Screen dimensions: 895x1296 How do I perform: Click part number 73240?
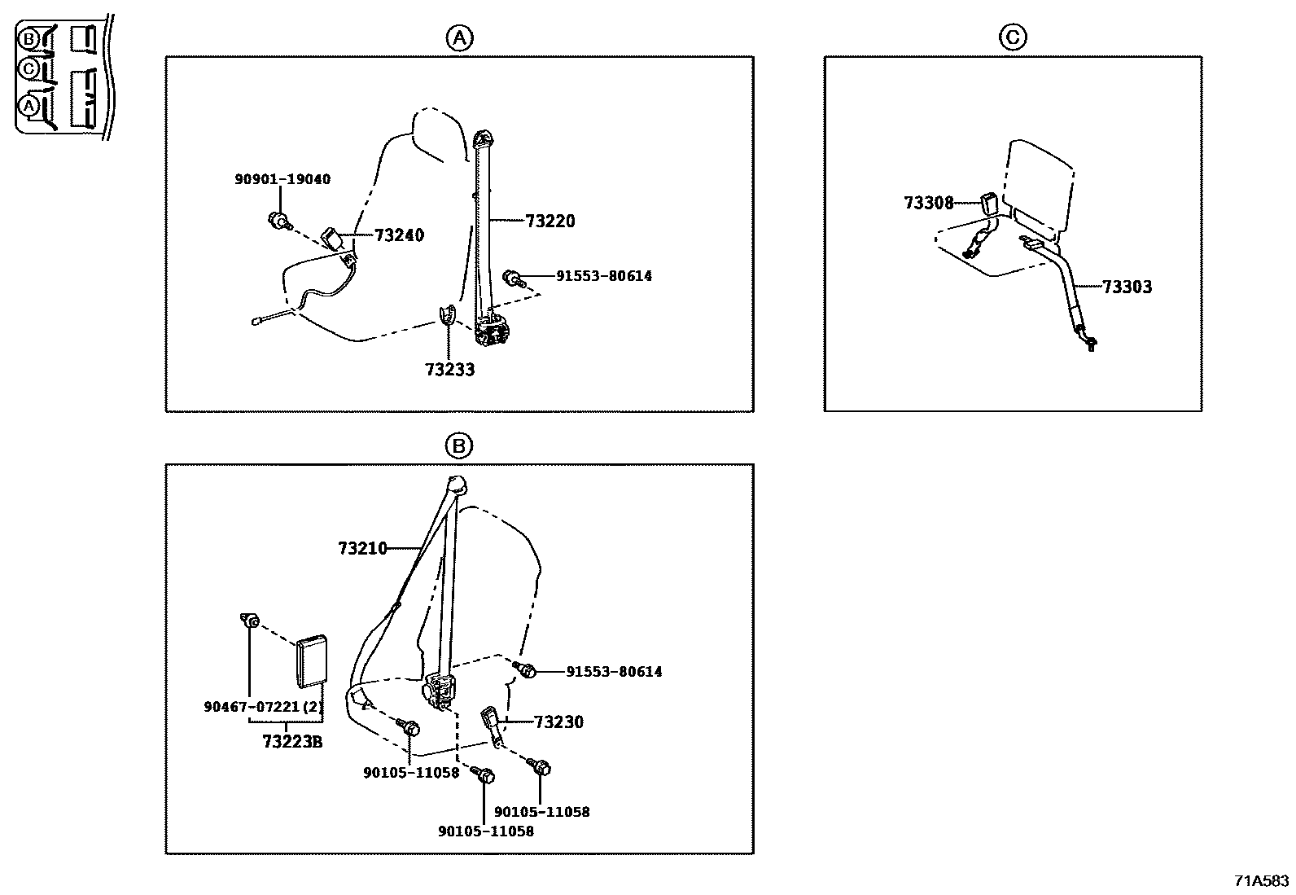[x=399, y=235]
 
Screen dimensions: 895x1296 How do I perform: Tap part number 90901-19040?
[x=282, y=179]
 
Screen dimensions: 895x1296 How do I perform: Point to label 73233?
[x=449, y=370]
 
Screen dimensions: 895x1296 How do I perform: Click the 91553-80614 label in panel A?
[x=603, y=276]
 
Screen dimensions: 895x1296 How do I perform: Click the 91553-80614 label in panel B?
[x=614, y=672]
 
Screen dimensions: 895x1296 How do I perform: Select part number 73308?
[x=928, y=203]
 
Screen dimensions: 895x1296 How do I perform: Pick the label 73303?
[x=1127, y=287]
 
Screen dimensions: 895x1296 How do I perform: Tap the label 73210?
[x=362, y=548]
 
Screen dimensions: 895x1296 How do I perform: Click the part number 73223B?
[x=292, y=741]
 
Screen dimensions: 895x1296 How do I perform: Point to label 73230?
[x=558, y=722]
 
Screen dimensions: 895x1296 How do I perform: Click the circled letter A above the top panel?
[x=459, y=37]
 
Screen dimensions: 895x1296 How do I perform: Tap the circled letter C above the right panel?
[x=1012, y=37]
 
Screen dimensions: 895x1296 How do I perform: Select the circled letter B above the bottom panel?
[x=458, y=445]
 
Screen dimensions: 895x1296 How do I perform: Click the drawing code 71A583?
[x=1261, y=880]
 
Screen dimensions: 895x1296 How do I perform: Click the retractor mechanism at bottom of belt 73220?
[x=493, y=332]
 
